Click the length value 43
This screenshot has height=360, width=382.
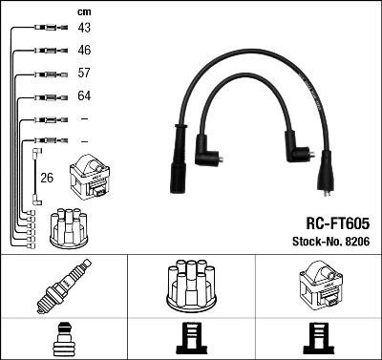tap(84, 28)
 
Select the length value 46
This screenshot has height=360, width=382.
tap(84, 50)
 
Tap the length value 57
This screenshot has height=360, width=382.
tap(84, 74)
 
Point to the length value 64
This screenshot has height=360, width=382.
tap(84, 96)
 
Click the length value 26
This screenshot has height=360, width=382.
tap(47, 177)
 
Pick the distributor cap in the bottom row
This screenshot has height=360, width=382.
tap(191, 284)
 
